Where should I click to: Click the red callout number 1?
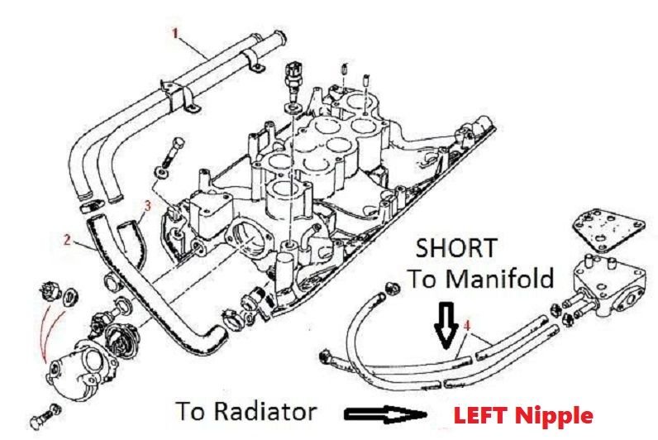click(x=175, y=33)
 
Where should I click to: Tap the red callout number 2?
click(x=67, y=240)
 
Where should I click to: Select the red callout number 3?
click(x=147, y=206)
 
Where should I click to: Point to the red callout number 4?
click(x=468, y=325)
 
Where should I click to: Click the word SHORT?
click(x=456, y=249)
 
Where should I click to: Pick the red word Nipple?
click(x=554, y=416)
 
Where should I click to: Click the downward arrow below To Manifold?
click(x=446, y=324)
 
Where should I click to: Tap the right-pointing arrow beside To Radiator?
click(x=385, y=414)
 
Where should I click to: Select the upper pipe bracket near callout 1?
click(x=252, y=60)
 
